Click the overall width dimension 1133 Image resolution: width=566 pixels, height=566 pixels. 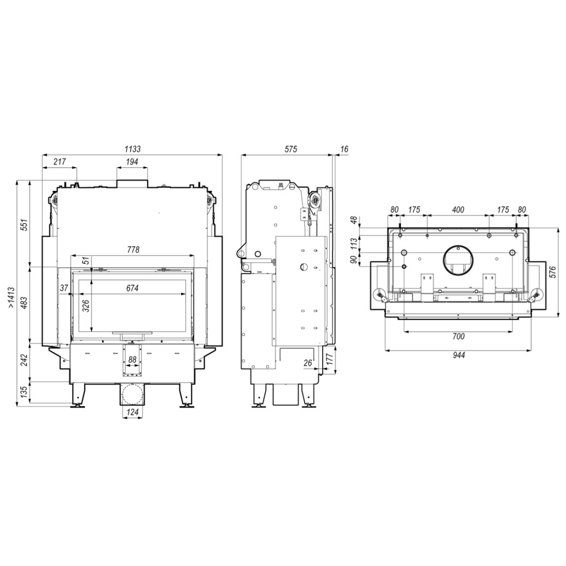132,149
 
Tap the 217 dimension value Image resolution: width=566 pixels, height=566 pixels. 60,162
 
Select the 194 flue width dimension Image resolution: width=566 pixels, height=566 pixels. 132,162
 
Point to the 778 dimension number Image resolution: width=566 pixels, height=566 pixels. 133,250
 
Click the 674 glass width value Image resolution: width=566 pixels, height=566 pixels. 132,288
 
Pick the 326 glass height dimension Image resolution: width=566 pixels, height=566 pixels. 85,306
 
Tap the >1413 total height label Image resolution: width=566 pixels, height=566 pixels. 11,297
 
